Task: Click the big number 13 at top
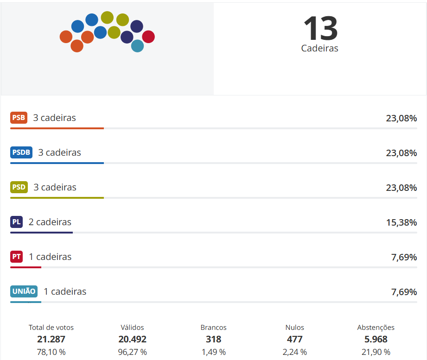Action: pyautogui.click(x=320, y=28)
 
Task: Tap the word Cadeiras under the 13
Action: pyautogui.click(x=320, y=48)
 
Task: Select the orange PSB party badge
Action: pyautogui.click(x=19, y=118)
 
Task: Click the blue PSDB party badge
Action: pyautogui.click(x=21, y=152)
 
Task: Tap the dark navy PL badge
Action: pyautogui.click(x=16, y=222)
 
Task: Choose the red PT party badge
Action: pyautogui.click(x=16, y=257)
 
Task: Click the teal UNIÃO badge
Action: pyautogui.click(x=24, y=291)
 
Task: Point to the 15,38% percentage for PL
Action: pyautogui.click(x=402, y=222)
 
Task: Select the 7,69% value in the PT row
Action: pyautogui.click(x=404, y=257)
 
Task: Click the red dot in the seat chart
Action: pyautogui.click(x=148, y=36)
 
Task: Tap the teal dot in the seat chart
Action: pyautogui.click(x=137, y=46)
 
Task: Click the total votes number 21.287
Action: pyautogui.click(x=51, y=339)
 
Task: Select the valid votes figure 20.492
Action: pyautogui.click(x=132, y=339)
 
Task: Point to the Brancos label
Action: pyautogui.click(x=213, y=328)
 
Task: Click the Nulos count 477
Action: pyautogui.click(x=294, y=339)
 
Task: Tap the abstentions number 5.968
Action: pyautogui.click(x=376, y=339)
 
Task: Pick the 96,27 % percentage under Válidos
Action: pyautogui.click(x=132, y=352)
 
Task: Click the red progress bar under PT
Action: pyautogui.click(x=26, y=267)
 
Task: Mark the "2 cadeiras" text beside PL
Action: pyautogui.click(x=50, y=222)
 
